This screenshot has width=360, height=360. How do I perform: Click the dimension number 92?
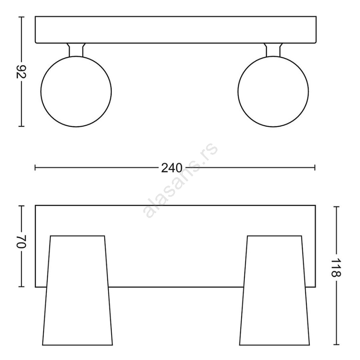[x=21, y=72]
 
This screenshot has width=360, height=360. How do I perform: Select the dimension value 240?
[x=172, y=168]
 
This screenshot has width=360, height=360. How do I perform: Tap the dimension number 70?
[x=21, y=241]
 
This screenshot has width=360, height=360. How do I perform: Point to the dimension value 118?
[x=336, y=268]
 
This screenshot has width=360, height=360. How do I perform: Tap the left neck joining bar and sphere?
[x=76, y=50]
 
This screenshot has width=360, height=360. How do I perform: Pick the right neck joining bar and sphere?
[x=273, y=50]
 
